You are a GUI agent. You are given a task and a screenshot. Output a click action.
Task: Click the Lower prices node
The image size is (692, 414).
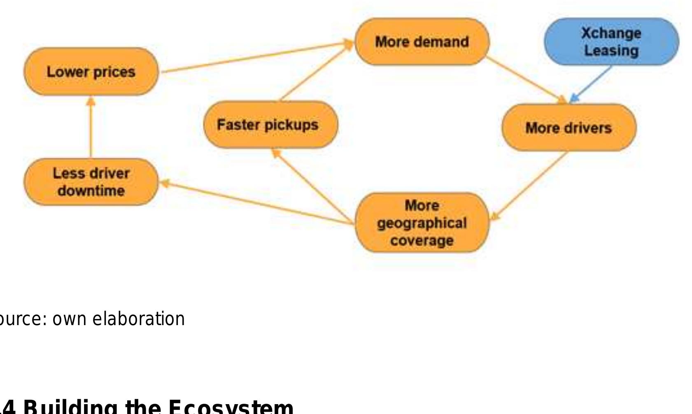tap(91, 72)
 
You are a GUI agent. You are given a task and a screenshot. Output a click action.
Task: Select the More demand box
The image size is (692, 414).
tap(422, 42)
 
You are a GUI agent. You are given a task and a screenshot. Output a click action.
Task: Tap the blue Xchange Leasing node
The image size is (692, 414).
tap(611, 42)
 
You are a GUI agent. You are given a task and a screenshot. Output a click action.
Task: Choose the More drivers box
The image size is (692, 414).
tap(569, 128)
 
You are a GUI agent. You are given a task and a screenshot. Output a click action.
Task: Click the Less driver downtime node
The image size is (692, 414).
tap(91, 182)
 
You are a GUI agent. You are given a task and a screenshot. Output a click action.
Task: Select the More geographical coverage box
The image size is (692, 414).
tap(422, 223)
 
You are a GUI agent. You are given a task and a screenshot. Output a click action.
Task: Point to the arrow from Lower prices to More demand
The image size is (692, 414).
tap(255, 57)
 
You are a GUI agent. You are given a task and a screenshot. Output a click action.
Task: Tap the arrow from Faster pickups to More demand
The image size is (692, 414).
tap(315, 72)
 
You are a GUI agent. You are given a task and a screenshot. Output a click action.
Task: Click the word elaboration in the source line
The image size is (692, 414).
tap(139, 319)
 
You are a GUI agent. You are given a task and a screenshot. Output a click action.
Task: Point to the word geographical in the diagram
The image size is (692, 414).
tap(422, 223)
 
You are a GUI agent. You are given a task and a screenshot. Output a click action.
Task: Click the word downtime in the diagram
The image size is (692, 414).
tap(91, 191)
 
